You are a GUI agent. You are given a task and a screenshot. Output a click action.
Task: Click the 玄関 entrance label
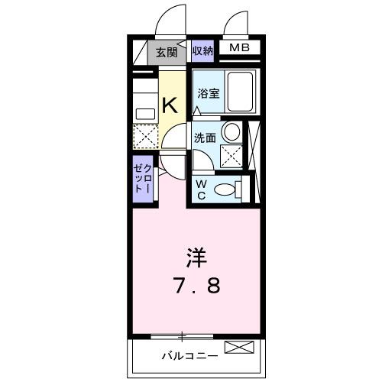(167, 53)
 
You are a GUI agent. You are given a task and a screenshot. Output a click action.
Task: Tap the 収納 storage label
(202, 52)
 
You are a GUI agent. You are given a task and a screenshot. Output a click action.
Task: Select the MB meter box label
(240, 49)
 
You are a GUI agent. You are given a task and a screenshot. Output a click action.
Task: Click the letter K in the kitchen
(170, 105)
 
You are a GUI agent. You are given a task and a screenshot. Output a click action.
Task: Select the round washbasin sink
(230, 131)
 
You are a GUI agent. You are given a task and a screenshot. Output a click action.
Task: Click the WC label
(201, 187)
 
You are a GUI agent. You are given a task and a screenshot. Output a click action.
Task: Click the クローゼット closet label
(143, 178)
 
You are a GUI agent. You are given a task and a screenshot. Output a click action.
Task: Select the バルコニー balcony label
(189, 355)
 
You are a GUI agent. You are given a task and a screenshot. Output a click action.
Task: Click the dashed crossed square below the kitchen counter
(145, 138)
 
